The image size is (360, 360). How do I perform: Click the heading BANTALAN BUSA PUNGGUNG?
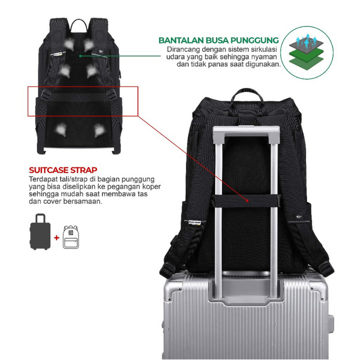(x=218, y=40)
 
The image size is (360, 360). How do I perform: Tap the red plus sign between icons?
(x=57, y=238)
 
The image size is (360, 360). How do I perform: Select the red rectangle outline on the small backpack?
(x=83, y=102)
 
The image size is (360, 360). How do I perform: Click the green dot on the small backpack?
(x=80, y=56)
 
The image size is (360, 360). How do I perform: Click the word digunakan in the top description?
(x=261, y=64)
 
